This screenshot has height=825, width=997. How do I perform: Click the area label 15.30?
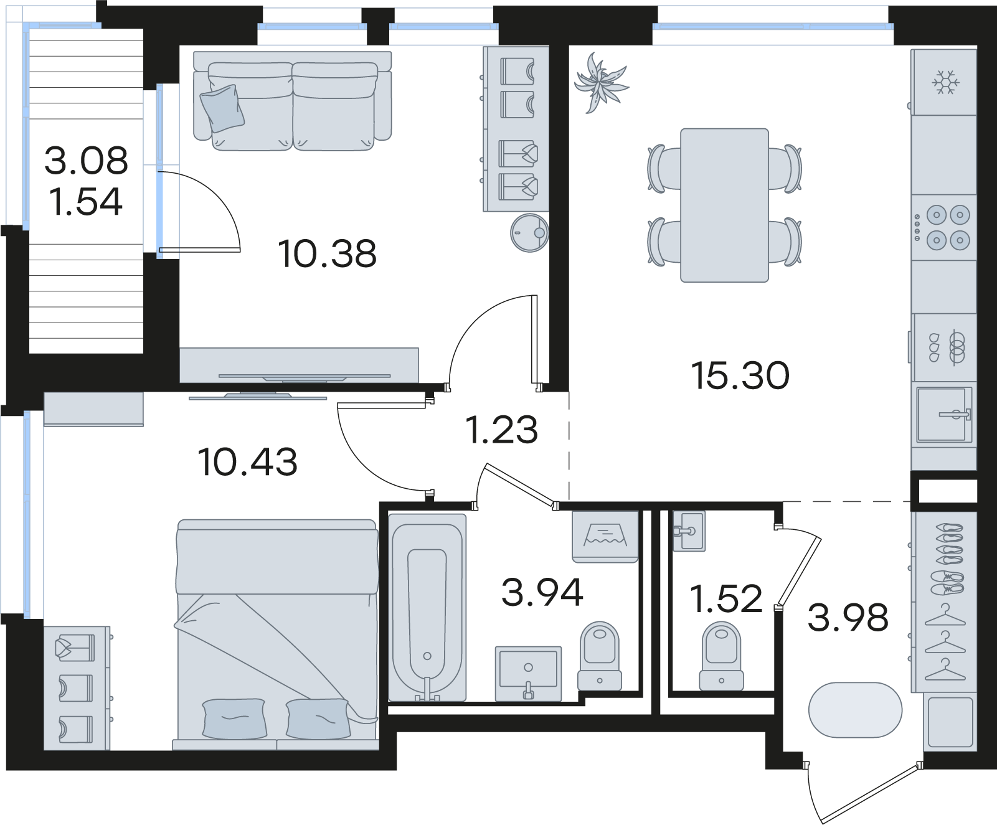740,375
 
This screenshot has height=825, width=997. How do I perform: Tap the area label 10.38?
328,254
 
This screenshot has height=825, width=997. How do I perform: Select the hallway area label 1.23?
502,430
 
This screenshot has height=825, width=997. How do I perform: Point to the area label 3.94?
542,592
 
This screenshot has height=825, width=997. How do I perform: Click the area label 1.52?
726,599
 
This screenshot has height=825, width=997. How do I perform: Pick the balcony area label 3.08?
86,160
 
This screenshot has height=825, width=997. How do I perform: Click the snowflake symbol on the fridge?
945,82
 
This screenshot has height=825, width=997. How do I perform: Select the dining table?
724,205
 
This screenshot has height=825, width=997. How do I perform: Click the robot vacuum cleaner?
529,233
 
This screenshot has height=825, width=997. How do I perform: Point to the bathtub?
427,608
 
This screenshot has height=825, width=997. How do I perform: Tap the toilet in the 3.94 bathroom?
600,655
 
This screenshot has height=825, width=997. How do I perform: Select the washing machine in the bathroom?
605,537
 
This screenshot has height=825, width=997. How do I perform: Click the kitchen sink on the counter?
944,414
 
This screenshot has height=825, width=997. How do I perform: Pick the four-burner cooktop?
943,227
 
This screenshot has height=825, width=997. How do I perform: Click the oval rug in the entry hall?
855,710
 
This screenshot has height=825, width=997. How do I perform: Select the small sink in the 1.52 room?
689,530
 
